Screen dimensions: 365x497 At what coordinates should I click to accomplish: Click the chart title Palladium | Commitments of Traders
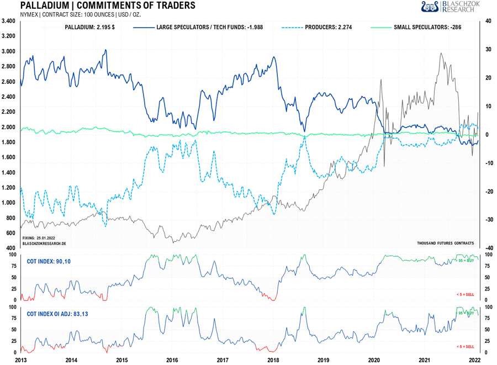coord(107,6)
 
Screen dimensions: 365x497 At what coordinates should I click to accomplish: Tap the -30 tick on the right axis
coord(489,220)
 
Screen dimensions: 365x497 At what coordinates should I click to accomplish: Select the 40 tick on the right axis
coord(489,21)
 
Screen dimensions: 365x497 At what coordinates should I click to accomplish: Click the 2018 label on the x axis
coord(273,360)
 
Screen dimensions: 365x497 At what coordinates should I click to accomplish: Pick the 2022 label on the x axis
coord(475,360)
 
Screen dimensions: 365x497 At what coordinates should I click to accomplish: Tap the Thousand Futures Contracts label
coord(446,243)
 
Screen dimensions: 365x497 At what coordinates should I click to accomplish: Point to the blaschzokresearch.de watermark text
coord(44,243)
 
